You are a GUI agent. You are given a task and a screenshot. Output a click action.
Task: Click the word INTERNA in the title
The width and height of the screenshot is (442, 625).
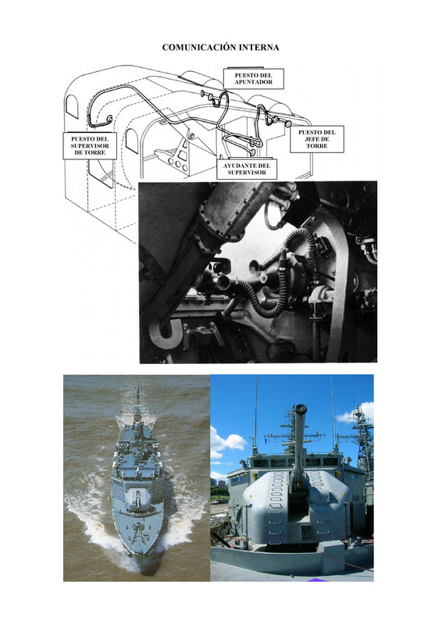[x=258, y=48]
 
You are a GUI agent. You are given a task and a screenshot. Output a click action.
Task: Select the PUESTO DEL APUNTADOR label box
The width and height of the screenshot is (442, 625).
[x=254, y=79]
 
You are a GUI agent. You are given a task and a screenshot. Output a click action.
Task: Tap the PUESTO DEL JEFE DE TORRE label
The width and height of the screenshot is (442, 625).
[x=317, y=139]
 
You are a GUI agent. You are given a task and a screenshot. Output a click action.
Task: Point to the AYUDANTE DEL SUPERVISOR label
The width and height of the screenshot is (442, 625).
[x=247, y=169]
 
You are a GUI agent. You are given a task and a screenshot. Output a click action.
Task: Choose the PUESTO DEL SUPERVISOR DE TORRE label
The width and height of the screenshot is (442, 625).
[x=90, y=145]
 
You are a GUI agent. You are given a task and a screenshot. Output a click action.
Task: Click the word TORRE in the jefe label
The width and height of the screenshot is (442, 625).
[x=317, y=146]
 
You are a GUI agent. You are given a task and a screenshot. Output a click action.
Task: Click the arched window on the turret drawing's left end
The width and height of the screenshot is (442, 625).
[x=72, y=106]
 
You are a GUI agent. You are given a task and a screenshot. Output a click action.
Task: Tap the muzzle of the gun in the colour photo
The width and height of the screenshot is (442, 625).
[x=300, y=409]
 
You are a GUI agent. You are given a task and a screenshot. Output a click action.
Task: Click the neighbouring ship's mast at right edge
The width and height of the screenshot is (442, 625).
[x=363, y=434]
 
